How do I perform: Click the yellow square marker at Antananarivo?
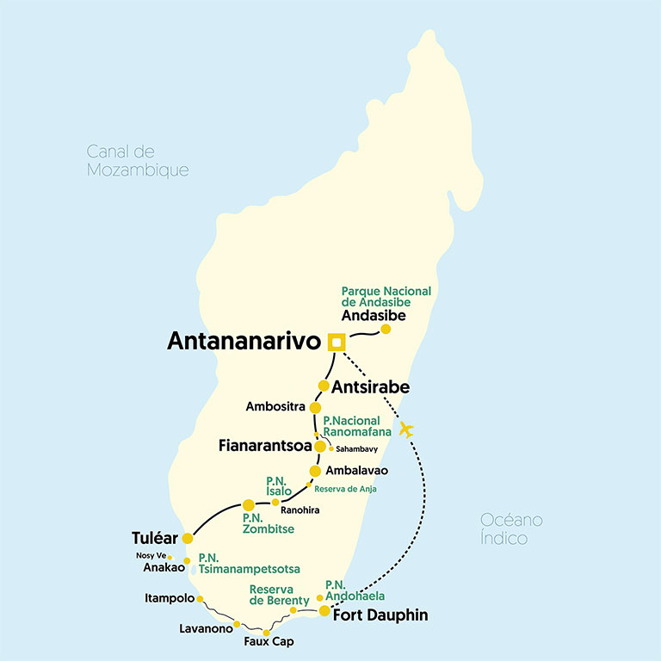click(336, 342)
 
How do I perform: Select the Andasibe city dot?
click(386, 329)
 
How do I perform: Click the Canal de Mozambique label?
click(137, 161)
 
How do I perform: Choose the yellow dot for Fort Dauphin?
click(324, 611)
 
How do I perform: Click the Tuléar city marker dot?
click(188, 538)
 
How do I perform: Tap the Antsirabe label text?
click(371, 387)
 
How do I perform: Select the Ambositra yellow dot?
click(315, 407)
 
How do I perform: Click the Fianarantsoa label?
click(269, 447)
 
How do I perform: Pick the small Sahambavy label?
click(357, 449)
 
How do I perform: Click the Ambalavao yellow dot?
click(315, 471)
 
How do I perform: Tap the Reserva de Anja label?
click(345, 489)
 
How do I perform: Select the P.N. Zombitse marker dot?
click(249, 504)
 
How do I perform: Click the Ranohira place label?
click(293, 510)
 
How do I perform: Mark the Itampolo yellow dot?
click(200, 598)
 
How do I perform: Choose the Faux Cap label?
click(269, 642)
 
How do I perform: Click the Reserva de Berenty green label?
click(279, 595)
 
